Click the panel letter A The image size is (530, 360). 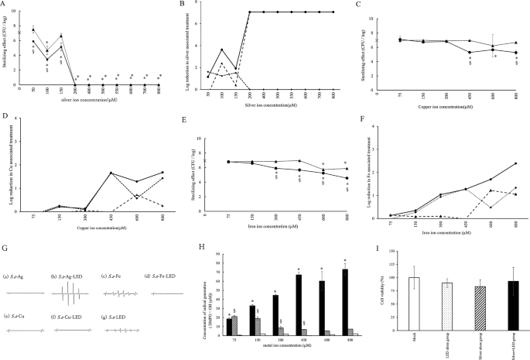5,5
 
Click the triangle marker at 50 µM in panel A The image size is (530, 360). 32,29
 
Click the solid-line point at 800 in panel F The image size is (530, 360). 514,163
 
